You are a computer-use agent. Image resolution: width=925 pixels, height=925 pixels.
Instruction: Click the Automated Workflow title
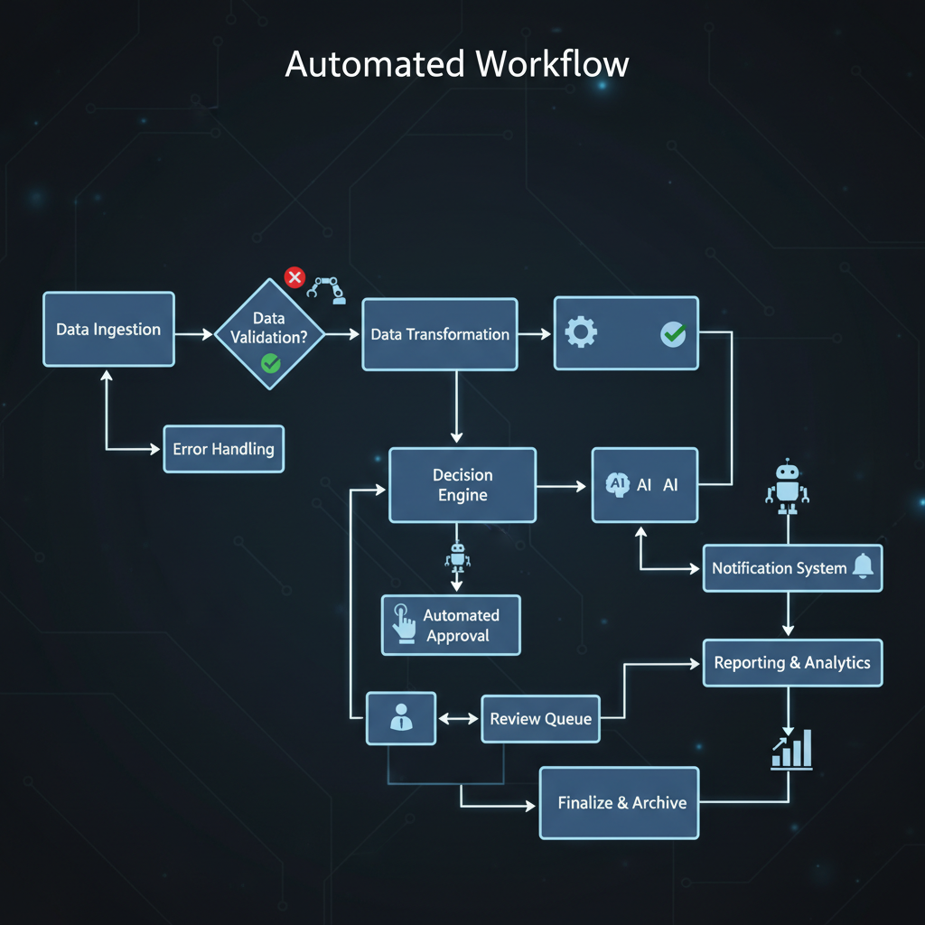coord(457,65)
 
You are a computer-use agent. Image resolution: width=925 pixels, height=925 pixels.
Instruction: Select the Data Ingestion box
coord(108,330)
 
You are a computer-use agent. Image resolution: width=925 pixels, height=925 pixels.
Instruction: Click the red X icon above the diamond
coord(294,277)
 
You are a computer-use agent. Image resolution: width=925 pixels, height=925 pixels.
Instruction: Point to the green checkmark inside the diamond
coord(270,363)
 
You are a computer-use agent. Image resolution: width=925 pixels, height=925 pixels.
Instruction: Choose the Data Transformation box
coord(440,334)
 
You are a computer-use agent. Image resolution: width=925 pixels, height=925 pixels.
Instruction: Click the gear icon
coord(580,333)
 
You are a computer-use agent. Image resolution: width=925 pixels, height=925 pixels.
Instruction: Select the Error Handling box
coord(223,449)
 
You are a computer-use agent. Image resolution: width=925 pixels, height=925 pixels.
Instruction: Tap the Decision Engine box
coord(462,485)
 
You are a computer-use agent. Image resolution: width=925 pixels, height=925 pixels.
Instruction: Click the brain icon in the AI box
coord(618,484)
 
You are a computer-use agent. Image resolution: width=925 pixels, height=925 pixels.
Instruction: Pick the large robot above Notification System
coord(788,486)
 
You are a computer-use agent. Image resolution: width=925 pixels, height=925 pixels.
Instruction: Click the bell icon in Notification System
coord(863,566)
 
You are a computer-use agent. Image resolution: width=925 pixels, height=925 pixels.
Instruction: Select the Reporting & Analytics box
coord(792,663)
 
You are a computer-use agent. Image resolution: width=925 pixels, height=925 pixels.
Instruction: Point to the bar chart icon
coord(791,749)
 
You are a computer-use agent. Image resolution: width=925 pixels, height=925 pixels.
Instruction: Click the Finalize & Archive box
coord(620,803)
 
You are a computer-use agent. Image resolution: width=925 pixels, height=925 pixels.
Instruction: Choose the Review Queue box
coord(540,719)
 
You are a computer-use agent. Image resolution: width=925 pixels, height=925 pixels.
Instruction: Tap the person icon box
coord(400,718)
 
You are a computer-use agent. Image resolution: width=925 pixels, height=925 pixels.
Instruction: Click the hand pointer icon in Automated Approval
coord(401,624)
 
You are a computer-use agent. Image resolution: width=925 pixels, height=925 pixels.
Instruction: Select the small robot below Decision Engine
coord(457,557)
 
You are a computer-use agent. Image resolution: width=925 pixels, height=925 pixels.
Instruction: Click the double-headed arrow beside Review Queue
coord(458,719)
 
